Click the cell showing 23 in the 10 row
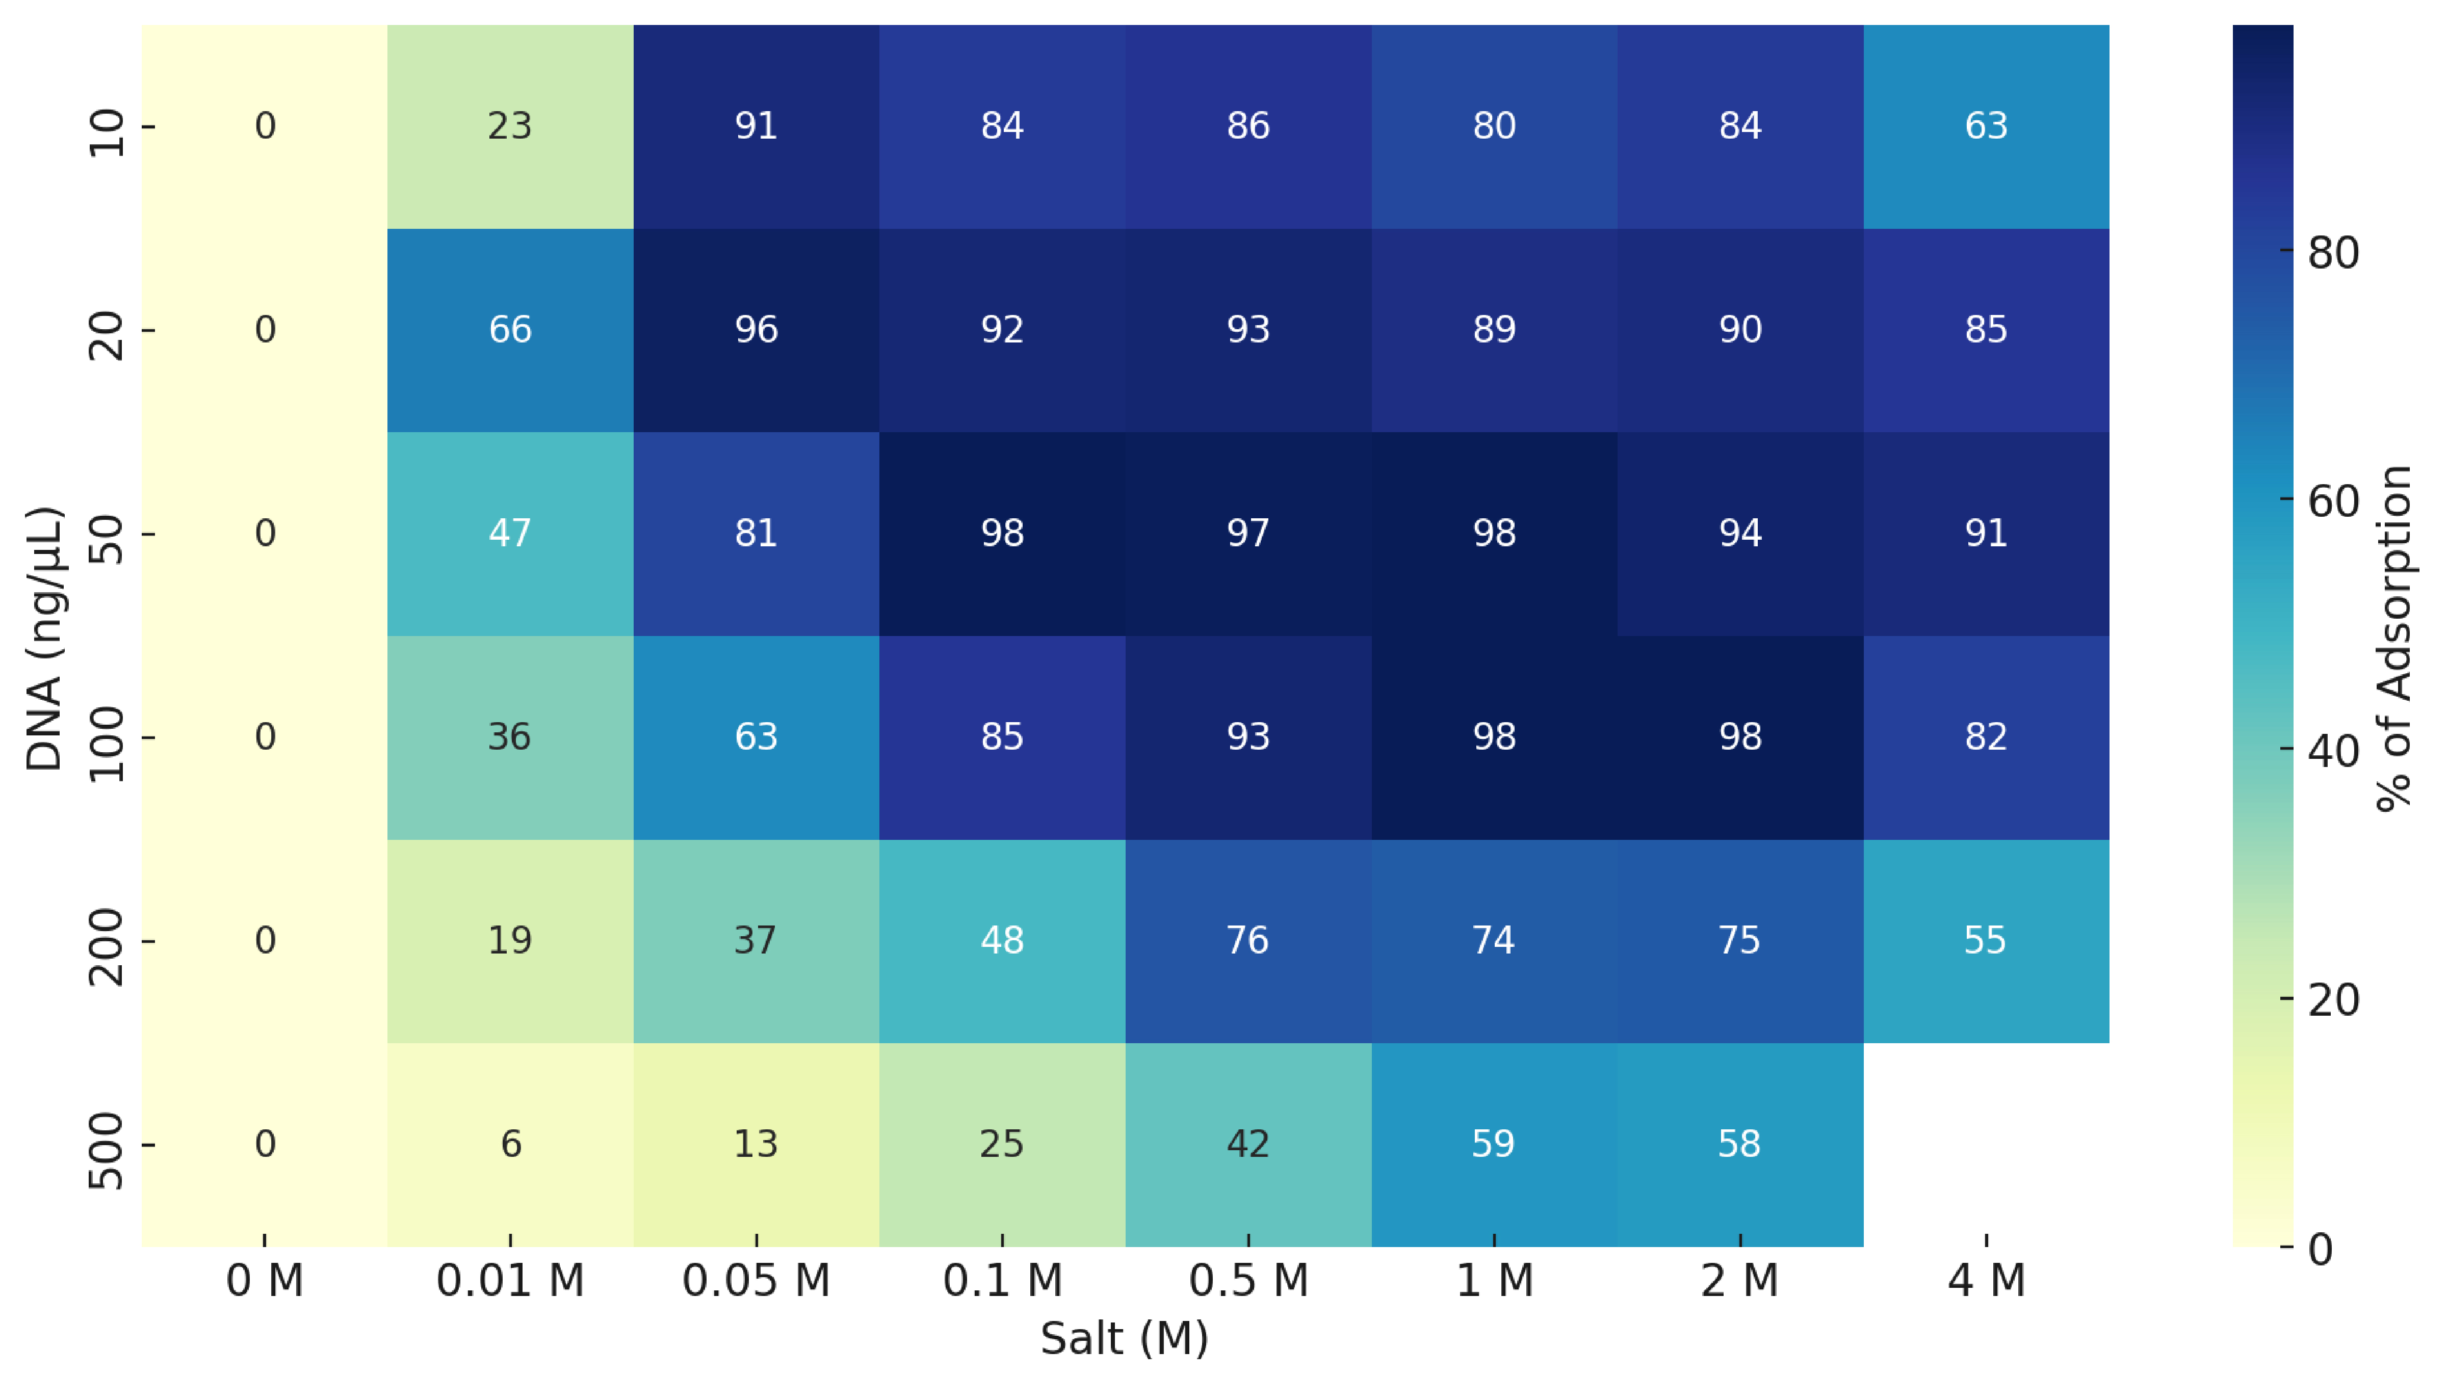510,126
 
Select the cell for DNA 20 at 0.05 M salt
756,330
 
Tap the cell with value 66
510,330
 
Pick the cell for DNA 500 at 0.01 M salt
510,1144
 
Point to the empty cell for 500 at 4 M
1986,1144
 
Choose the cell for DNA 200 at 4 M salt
1986,940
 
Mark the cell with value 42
1248,1144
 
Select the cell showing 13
756,1144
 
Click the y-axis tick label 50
107,539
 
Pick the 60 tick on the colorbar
2333,500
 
